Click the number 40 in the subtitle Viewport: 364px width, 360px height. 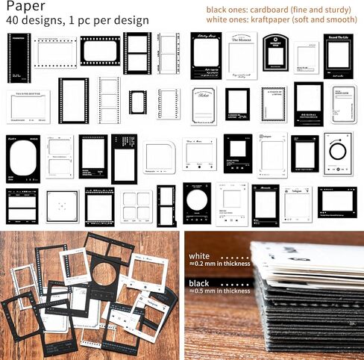pos(13,20)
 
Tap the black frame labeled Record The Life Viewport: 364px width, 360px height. pos(338,55)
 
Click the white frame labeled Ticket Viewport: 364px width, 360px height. pos(203,105)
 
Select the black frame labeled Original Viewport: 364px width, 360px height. pos(308,105)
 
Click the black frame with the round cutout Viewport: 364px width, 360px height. pos(197,202)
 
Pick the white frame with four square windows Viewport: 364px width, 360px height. pos(136,206)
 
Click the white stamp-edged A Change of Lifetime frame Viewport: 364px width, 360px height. pos(273,104)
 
